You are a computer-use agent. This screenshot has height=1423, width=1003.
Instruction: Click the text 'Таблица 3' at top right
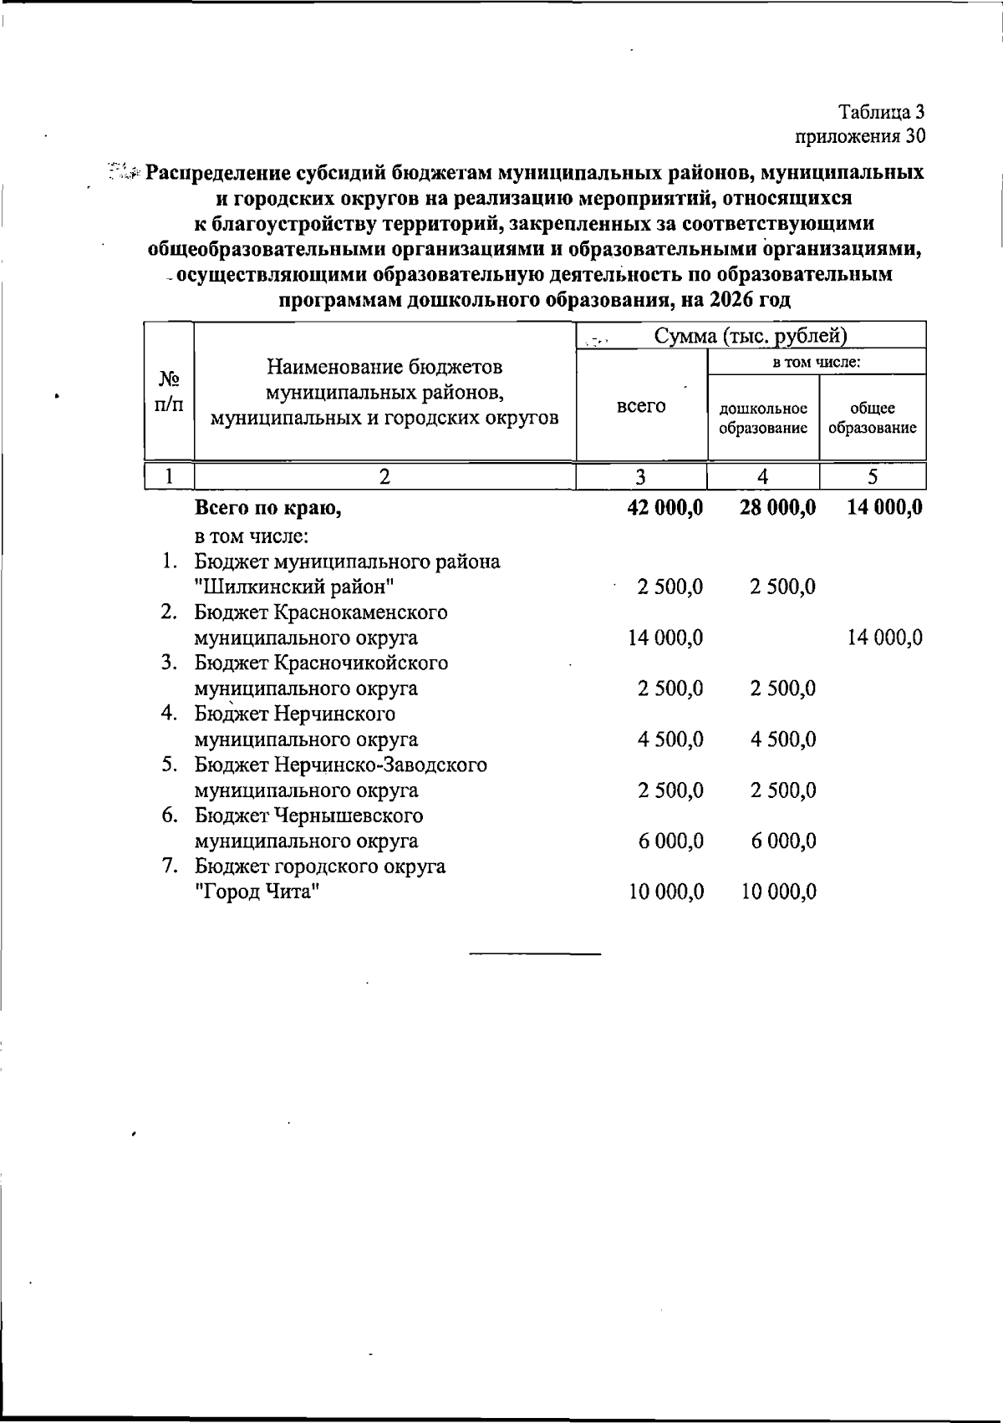coord(882,111)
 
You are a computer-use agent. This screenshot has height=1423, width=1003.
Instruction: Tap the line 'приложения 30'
coord(860,135)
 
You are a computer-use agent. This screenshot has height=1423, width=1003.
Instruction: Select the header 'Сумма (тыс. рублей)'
coord(750,336)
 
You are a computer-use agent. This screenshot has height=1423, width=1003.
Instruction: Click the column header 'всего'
coord(641,406)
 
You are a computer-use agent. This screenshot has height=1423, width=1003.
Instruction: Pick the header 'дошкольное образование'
coord(763,418)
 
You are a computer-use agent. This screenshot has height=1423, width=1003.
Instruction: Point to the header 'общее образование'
coord(873,418)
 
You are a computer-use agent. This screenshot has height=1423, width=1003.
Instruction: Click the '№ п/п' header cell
coord(169,391)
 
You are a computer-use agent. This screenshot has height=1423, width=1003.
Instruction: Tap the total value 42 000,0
coord(665,507)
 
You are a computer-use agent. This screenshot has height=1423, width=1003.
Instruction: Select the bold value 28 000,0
coord(777,507)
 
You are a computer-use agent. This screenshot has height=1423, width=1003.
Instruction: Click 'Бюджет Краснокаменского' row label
coord(321,612)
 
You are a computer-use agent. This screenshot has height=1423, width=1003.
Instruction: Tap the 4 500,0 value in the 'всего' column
coord(670,739)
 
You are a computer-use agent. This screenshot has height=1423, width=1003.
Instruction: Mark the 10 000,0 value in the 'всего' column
coord(666,892)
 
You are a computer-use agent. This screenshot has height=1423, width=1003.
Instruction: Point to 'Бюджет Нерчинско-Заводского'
coord(341,765)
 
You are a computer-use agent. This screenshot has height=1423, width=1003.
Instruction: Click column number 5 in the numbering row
coord(873,476)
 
